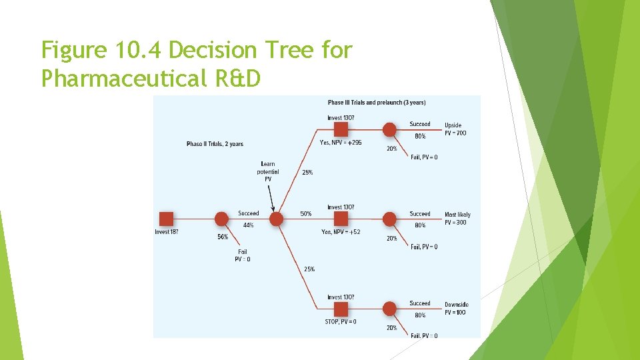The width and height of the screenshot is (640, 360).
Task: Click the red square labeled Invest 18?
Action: (x=167, y=218)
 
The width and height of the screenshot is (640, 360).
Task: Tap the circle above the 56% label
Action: (x=222, y=218)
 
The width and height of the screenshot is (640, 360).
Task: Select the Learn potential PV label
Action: (x=268, y=171)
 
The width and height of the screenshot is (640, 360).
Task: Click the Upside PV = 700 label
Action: (x=455, y=129)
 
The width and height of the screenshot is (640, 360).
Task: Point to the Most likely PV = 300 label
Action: (x=457, y=219)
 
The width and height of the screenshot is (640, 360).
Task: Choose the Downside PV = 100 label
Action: (x=456, y=309)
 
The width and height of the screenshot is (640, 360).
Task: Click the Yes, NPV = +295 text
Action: (x=341, y=142)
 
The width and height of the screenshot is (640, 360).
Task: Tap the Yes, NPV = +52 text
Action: (x=341, y=232)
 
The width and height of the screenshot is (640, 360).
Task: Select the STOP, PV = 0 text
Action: (x=341, y=322)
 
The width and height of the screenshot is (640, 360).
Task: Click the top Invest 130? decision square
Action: (x=341, y=129)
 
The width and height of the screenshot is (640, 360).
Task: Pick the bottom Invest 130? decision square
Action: (x=341, y=309)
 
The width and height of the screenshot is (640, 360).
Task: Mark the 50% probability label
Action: (x=305, y=214)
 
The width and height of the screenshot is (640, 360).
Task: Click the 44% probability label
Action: (x=248, y=225)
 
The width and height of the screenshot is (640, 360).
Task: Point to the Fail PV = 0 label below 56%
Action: (x=243, y=255)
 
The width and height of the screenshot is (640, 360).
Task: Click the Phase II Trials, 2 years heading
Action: (x=215, y=144)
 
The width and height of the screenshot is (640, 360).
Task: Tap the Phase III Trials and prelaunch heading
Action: (x=377, y=103)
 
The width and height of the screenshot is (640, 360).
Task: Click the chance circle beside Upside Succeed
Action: (x=389, y=129)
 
